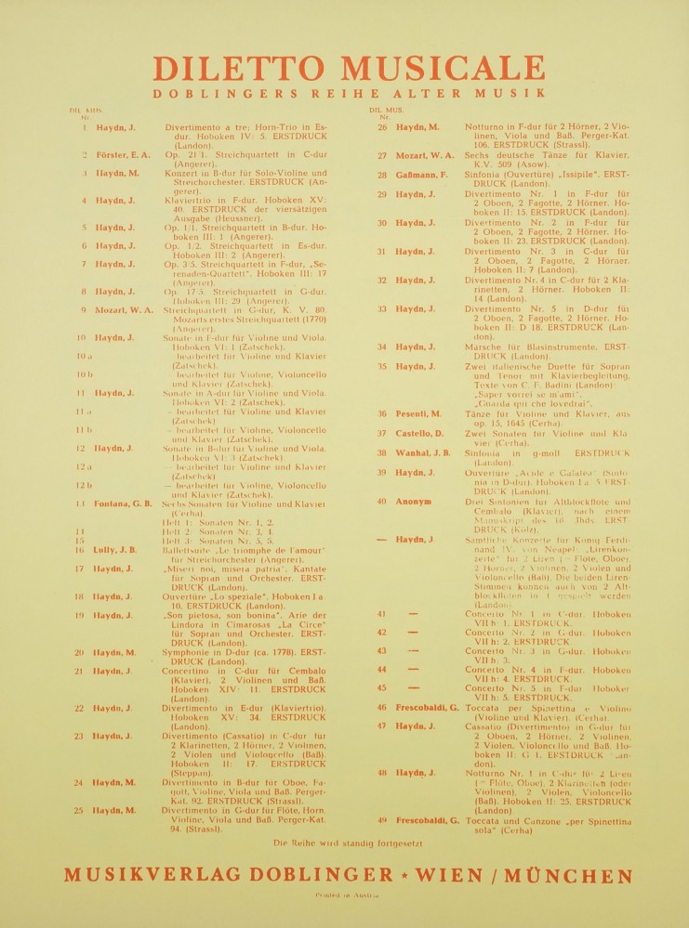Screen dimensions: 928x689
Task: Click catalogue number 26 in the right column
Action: (x=382, y=126)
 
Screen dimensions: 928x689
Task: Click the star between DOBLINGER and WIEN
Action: (x=404, y=875)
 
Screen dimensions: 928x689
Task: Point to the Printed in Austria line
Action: (x=345, y=900)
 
